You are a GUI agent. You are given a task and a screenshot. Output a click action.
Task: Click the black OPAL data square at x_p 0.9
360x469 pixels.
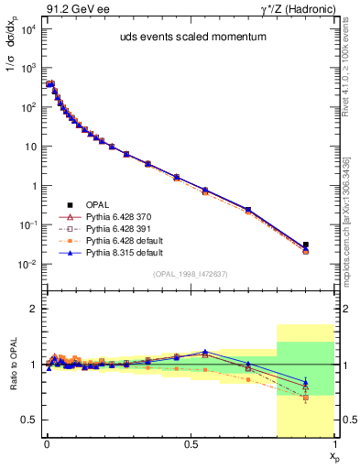point(306,245)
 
